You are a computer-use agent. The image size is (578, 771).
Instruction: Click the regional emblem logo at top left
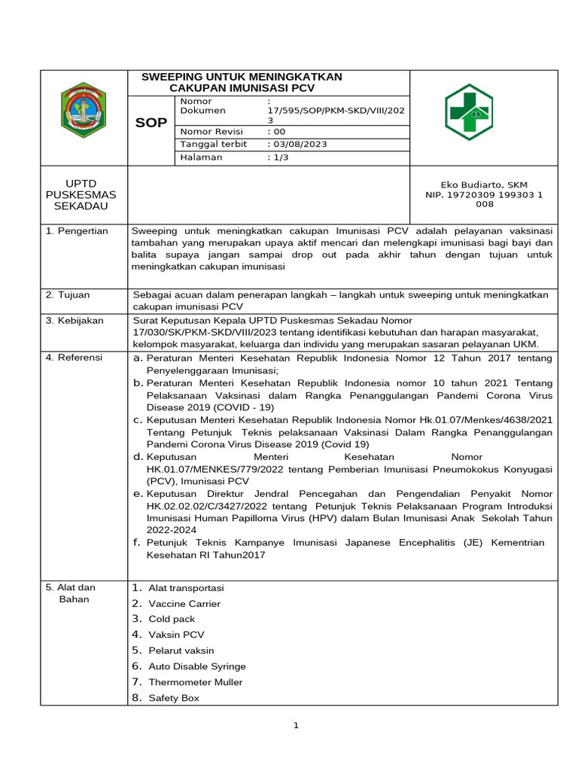point(84,112)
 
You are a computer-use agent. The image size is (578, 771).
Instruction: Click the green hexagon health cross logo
point(467,112)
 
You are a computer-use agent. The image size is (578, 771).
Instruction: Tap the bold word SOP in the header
point(151,123)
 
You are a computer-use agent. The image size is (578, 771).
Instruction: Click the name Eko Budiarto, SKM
point(484,184)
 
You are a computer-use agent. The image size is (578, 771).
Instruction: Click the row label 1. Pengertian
point(77,230)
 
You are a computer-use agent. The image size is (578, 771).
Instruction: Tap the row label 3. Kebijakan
point(75,321)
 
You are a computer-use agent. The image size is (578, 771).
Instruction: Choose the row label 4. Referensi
point(74,357)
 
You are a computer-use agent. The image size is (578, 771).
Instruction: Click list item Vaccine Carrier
point(184,603)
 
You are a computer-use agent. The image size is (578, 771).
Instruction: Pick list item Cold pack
point(172,619)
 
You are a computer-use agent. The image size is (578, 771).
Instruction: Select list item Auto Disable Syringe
point(197,666)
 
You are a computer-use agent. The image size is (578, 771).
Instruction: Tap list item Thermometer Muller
point(196,682)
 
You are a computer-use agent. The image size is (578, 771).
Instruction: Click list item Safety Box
point(174,698)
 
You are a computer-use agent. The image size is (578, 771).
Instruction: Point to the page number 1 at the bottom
point(297,726)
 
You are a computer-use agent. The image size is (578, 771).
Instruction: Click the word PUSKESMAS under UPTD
point(84,195)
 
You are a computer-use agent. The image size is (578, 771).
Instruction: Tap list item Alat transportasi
point(186,587)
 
